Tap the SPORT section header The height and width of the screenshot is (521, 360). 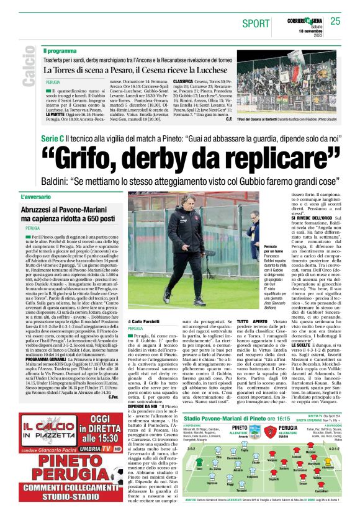click(256, 24)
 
